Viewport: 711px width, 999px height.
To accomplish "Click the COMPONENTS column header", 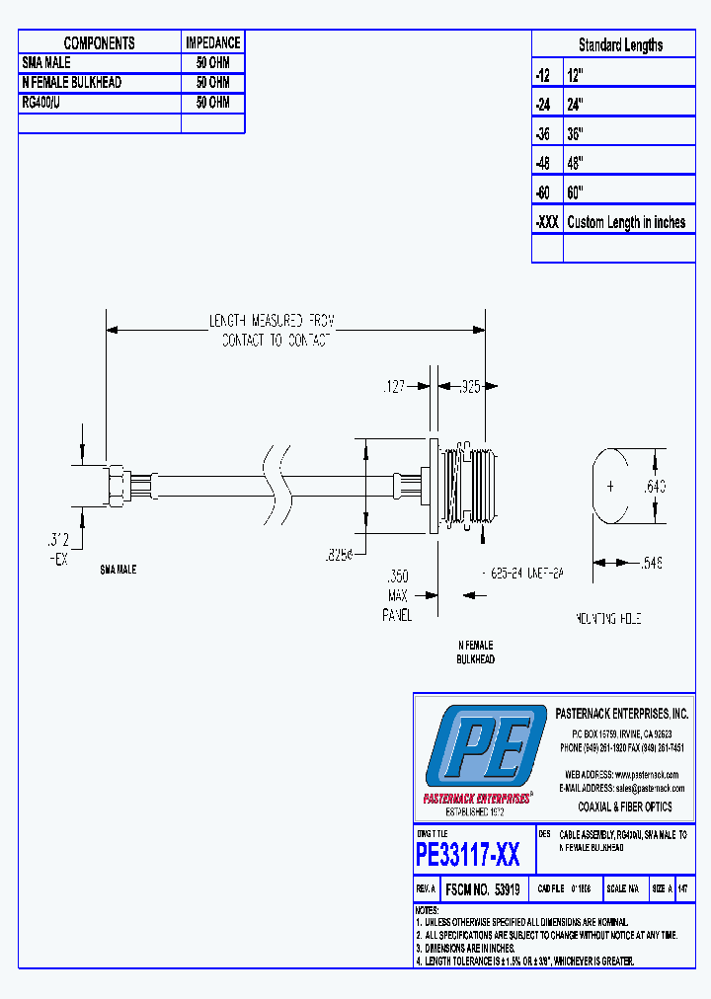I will [x=99, y=43].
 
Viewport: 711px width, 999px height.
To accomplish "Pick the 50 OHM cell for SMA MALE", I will [x=212, y=62].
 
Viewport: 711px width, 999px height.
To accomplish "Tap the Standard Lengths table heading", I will [x=620, y=45].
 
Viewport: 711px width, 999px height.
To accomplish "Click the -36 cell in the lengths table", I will [x=545, y=133].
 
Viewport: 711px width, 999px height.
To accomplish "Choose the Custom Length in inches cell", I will [x=626, y=222].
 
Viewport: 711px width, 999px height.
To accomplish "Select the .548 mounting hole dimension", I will [x=672, y=563].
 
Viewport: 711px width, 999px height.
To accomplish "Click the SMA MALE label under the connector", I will [x=118, y=571].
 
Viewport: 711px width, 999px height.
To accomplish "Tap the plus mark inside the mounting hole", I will [x=610, y=486].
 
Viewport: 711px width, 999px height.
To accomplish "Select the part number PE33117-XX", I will [x=468, y=854].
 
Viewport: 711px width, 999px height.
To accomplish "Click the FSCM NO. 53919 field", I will [x=484, y=889].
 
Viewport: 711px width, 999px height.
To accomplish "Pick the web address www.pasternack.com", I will [x=622, y=775].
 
